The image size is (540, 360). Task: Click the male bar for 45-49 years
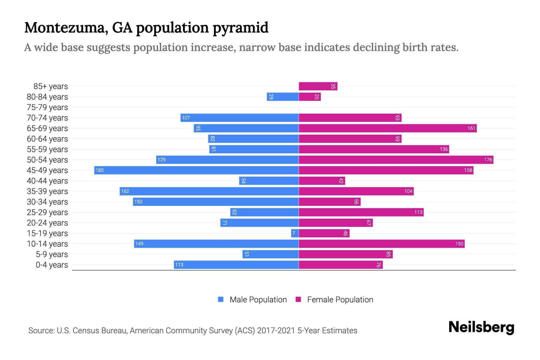coord(196,170)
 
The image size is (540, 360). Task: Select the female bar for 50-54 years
coord(396,160)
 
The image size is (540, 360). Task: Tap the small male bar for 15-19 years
coord(295,233)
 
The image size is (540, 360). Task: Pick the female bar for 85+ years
coord(318,86)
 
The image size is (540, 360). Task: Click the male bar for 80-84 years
coord(283,97)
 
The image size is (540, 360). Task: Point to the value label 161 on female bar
coord(471,128)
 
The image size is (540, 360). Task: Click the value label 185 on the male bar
coord(100,170)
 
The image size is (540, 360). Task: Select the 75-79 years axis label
coord(47,107)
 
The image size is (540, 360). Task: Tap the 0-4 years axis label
coord(52,265)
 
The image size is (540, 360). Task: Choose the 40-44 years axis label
coord(47,181)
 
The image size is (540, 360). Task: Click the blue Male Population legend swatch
coord(221,299)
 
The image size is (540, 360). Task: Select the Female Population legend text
coord(340,299)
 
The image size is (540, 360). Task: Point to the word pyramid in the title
coord(240,28)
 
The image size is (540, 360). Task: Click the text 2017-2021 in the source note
coord(276,330)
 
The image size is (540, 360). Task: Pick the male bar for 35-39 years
coord(209,191)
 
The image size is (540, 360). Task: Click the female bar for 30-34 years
coord(329,202)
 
